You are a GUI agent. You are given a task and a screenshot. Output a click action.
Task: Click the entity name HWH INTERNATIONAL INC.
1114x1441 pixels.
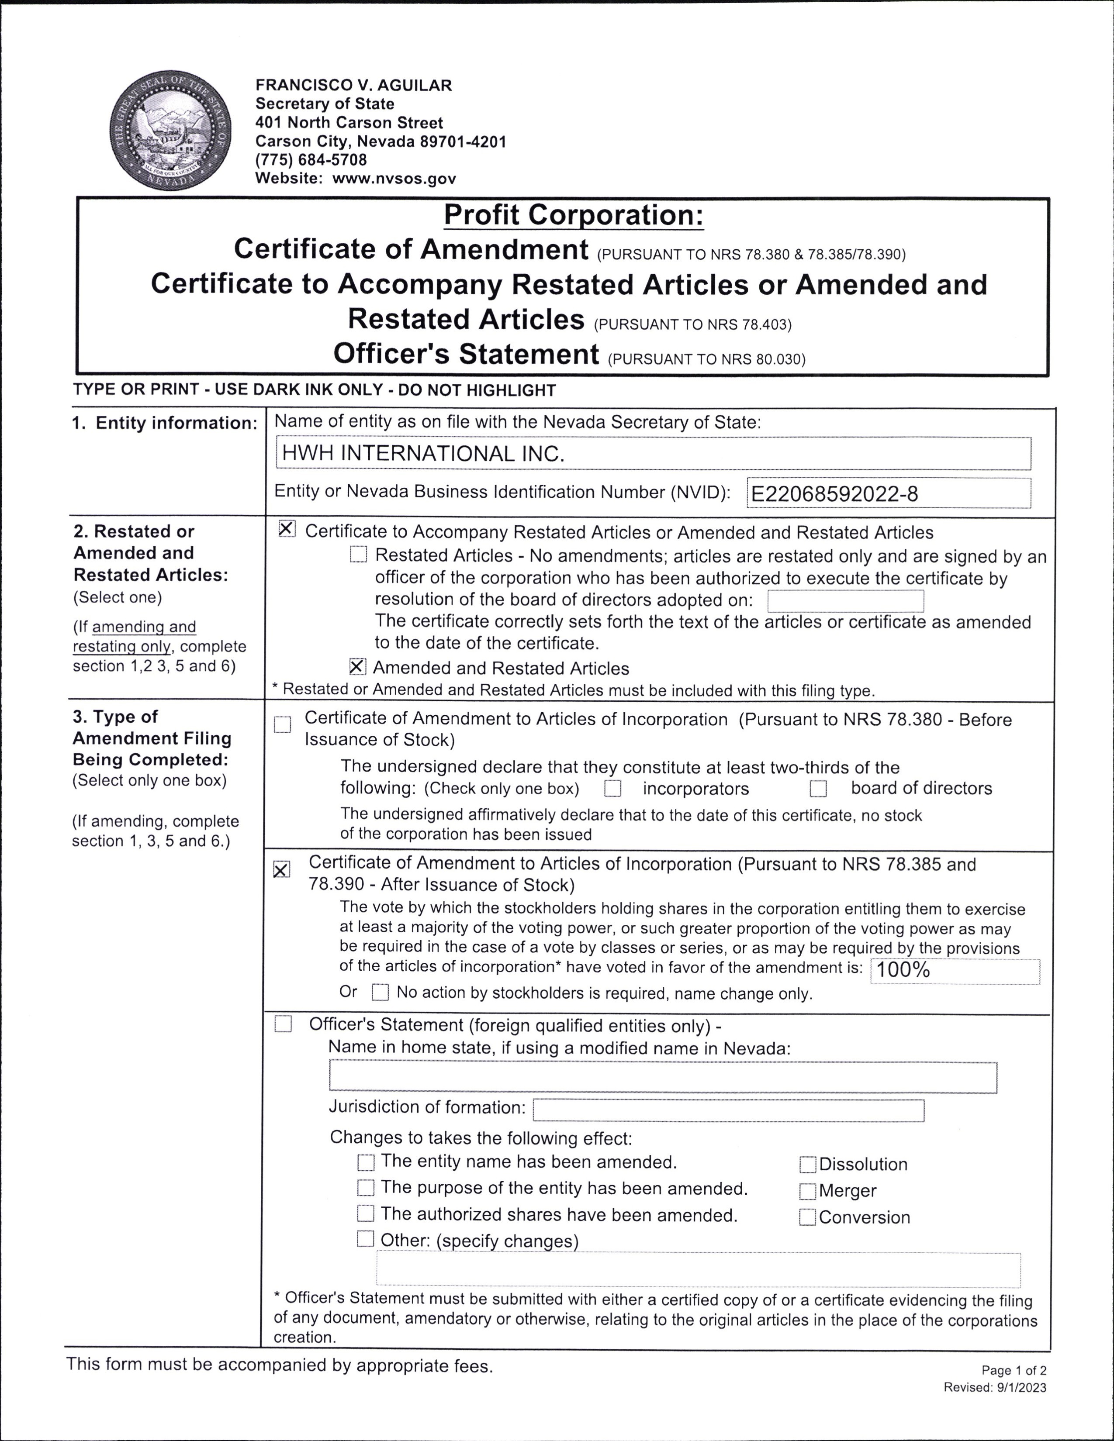[x=423, y=453]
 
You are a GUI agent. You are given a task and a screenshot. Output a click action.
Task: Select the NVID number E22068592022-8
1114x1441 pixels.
[x=834, y=493]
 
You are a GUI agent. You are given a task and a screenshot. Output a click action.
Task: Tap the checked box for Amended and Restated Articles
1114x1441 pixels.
[x=357, y=667]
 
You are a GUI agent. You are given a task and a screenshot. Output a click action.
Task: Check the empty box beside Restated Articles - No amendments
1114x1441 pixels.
[x=358, y=554]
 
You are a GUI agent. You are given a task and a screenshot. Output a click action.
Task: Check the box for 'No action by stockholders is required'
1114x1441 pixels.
[x=380, y=993]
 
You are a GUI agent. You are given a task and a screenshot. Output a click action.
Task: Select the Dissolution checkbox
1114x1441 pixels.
[x=807, y=1165]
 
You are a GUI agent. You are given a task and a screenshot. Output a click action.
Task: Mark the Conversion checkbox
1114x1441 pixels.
[x=807, y=1217]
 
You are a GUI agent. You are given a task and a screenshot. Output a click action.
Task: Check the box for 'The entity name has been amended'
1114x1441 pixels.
[x=366, y=1162]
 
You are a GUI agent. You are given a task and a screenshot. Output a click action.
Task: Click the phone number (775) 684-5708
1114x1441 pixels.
[x=311, y=160]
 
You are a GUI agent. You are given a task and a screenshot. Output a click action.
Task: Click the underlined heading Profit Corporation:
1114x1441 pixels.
[x=574, y=215]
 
